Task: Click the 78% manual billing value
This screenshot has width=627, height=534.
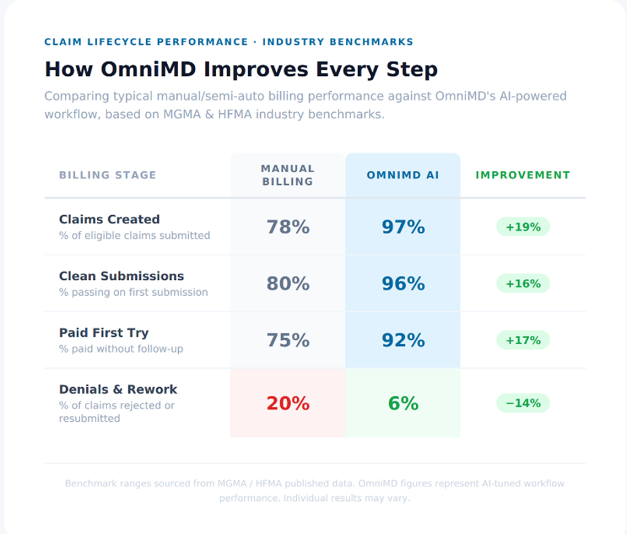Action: click(x=288, y=227)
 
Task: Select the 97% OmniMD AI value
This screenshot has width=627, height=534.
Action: click(x=403, y=227)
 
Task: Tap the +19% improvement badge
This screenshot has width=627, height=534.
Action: click(x=523, y=227)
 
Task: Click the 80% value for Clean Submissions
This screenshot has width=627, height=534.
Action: click(x=288, y=284)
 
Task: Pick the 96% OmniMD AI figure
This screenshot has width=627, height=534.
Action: click(x=403, y=284)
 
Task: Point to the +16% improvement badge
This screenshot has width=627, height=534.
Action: click(x=523, y=284)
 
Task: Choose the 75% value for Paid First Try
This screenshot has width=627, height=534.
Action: click(x=288, y=340)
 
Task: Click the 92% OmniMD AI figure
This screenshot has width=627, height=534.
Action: click(x=403, y=340)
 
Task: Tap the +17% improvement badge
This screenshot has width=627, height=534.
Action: click(x=523, y=340)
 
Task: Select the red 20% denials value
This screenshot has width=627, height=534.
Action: click(x=288, y=403)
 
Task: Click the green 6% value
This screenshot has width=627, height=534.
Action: click(x=403, y=403)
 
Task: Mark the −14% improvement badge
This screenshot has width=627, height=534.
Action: click(x=523, y=403)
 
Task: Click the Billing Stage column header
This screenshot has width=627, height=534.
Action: click(x=108, y=175)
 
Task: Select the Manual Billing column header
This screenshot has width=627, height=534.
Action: click(x=288, y=175)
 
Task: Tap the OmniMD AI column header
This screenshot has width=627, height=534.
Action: click(x=403, y=175)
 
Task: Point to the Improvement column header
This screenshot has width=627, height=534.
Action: click(x=523, y=175)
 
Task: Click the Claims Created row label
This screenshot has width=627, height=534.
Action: click(x=110, y=219)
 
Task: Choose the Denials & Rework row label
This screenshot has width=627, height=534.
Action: click(x=118, y=389)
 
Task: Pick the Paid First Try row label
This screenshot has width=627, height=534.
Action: click(x=104, y=333)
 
